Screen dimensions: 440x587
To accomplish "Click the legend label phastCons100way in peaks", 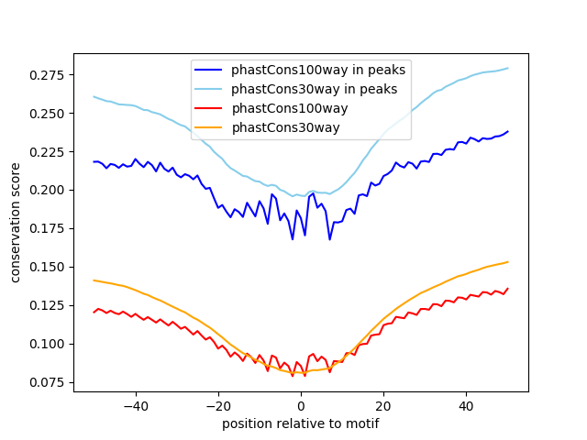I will tap(318, 70).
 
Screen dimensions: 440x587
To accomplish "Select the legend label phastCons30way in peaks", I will tap(314, 89).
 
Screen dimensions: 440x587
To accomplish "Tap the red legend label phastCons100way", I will tap(284, 108).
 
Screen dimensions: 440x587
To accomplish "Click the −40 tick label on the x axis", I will tap(135, 404).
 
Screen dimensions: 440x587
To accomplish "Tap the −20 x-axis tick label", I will tap(217, 404).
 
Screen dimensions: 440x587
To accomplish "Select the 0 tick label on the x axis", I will tap(301, 404).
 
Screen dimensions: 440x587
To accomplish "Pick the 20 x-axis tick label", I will tap(383, 404).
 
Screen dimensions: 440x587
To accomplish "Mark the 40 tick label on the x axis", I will tap(466, 404).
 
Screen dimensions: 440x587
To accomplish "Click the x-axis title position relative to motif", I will tap(300, 423).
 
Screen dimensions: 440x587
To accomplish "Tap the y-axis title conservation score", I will tap(16, 222).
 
